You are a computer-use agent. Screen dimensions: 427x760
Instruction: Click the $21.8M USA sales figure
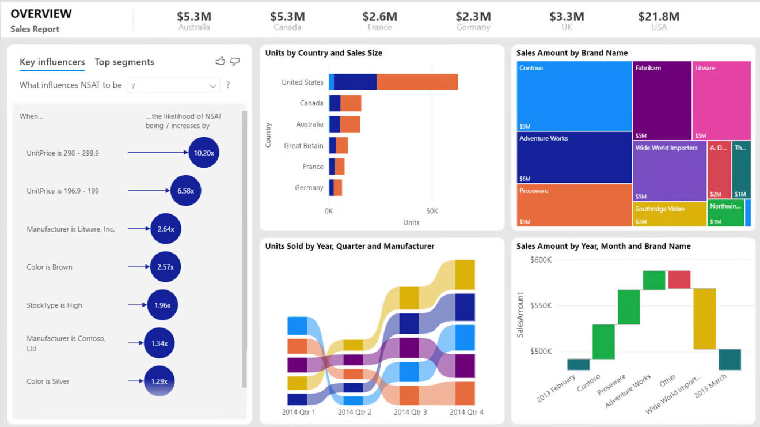(x=659, y=17)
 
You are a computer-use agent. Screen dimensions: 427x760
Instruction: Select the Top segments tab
(x=124, y=62)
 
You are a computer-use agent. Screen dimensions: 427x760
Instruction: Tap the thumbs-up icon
(x=220, y=61)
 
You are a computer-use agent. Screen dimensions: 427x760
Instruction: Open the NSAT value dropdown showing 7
(x=173, y=86)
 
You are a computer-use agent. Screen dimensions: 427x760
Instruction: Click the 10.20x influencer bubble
(x=204, y=153)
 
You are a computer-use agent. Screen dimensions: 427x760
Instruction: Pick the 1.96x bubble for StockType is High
(x=162, y=305)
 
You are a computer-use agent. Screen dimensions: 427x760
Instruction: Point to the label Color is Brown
(x=50, y=267)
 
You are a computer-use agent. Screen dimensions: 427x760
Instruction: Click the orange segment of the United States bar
(x=417, y=82)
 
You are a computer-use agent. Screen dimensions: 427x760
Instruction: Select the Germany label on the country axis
(x=309, y=188)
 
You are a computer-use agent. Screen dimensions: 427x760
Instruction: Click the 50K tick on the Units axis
(x=432, y=211)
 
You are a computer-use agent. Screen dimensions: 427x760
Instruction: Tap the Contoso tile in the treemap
(x=574, y=96)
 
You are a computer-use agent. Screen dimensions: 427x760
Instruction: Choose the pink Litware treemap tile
(x=721, y=100)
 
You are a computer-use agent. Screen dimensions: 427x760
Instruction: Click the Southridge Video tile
(x=670, y=213)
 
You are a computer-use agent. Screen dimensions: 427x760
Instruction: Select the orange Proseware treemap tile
(x=574, y=205)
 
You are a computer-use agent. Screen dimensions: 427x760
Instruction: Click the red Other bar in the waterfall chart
(x=679, y=279)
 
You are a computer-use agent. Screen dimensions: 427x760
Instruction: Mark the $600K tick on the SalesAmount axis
(x=541, y=260)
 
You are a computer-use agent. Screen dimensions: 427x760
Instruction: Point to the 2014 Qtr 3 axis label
(x=411, y=412)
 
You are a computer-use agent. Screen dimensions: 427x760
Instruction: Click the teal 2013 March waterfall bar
(x=729, y=359)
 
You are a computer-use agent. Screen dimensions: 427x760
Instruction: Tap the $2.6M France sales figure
(x=379, y=17)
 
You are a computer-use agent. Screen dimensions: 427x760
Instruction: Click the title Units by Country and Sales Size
(x=324, y=53)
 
